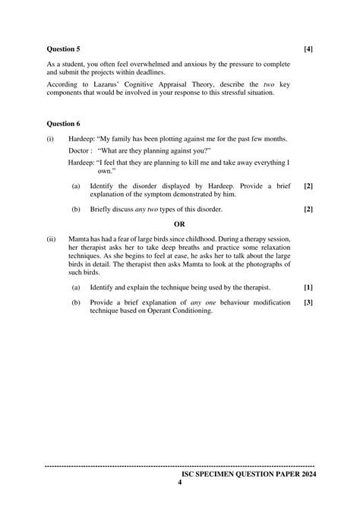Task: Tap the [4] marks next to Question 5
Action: point(308,49)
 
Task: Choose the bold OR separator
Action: point(179,224)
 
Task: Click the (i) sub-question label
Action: point(50,140)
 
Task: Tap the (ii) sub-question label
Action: point(51,239)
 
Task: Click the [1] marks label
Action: point(308,287)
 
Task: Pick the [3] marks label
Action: point(308,302)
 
